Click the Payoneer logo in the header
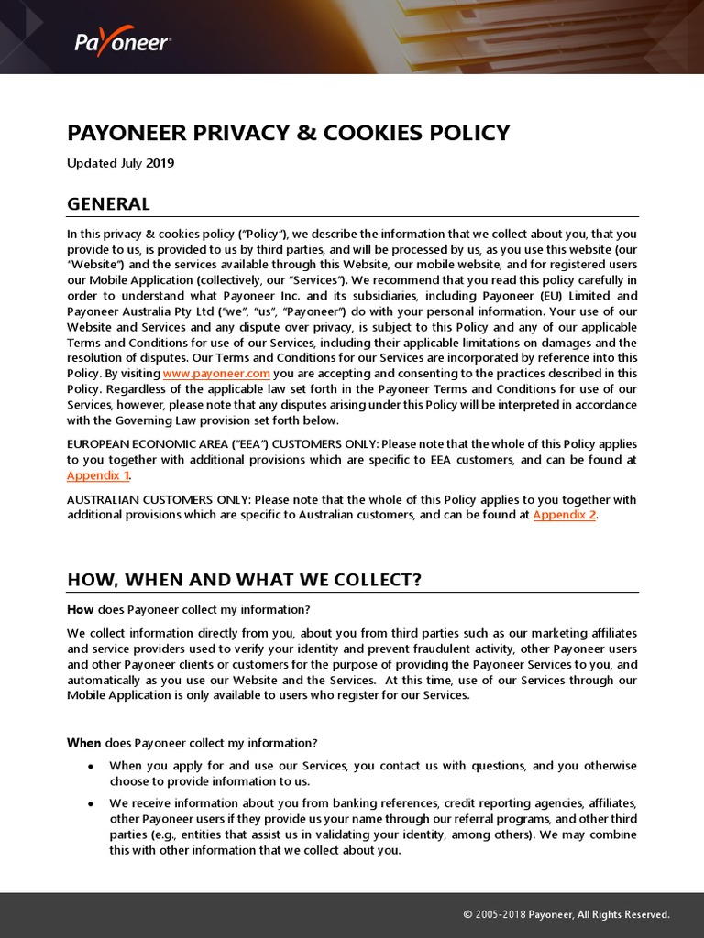click(122, 42)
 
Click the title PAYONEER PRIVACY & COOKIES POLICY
click(288, 133)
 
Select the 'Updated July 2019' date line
click(120, 164)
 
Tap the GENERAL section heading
click(108, 203)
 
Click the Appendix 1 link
click(98, 475)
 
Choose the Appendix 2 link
click(564, 515)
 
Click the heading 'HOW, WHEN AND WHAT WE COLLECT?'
click(244, 580)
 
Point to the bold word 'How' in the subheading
click(81, 610)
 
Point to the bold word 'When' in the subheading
click(84, 743)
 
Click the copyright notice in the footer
click(566, 914)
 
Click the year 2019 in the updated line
click(159, 164)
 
